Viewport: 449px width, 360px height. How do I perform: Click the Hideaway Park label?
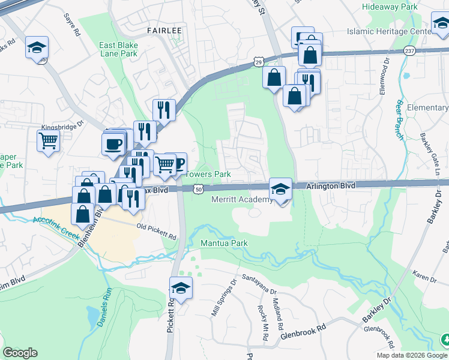390,7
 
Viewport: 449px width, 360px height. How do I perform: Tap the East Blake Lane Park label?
118,49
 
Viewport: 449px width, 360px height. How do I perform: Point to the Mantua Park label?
223,244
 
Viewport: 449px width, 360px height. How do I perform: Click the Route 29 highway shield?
258,61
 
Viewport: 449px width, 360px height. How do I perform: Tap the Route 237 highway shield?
409,50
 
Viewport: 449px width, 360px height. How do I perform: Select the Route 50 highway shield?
198,189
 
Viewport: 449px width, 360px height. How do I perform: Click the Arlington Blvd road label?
331,186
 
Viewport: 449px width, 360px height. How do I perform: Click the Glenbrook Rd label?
303,329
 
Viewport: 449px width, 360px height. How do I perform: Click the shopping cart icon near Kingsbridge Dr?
48,142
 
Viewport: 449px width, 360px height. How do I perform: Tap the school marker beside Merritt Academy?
280,189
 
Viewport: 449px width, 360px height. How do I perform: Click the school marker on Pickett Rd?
181,288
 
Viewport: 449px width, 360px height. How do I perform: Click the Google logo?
20,353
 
